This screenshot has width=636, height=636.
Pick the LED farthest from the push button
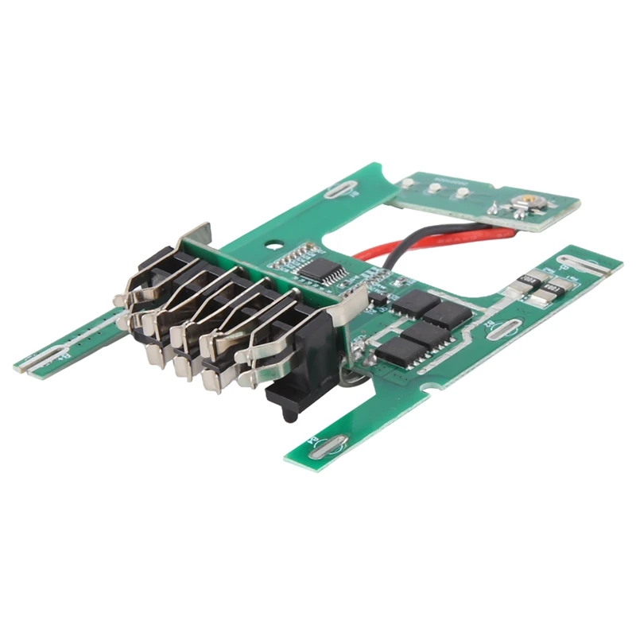pos(408,183)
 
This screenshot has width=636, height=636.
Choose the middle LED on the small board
pos(435,188)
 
